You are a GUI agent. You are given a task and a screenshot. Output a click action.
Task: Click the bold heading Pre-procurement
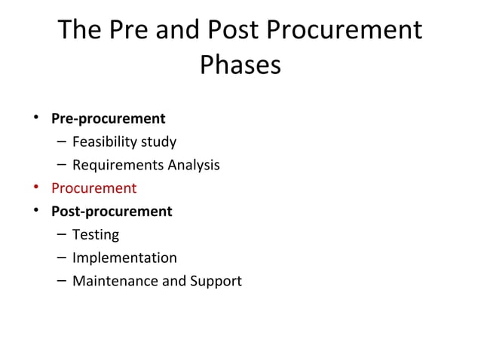tap(108, 119)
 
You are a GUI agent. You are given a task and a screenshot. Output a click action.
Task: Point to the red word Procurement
tap(93, 188)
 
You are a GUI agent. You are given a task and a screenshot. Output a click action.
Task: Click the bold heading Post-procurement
tap(111, 212)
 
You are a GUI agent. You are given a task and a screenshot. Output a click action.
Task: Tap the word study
tap(158, 142)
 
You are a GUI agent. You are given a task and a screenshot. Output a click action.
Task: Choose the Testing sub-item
tap(95, 235)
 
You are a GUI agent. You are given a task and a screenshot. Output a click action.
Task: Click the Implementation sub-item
tap(124, 258)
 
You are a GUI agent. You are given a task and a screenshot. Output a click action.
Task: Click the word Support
tap(216, 282)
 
